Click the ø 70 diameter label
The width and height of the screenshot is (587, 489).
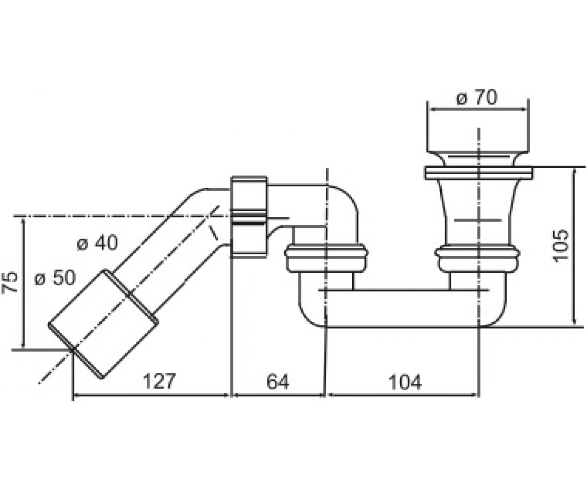point(477,97)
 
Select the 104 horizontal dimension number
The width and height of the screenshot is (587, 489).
point(405,382)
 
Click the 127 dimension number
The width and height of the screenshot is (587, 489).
point(159,381)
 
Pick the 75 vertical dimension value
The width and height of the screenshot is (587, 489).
point(10,282)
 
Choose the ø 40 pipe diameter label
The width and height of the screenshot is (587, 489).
point(97,243)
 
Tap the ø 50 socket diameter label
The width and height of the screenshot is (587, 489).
point(55,278)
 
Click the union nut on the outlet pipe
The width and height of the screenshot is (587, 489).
point(248,217)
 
